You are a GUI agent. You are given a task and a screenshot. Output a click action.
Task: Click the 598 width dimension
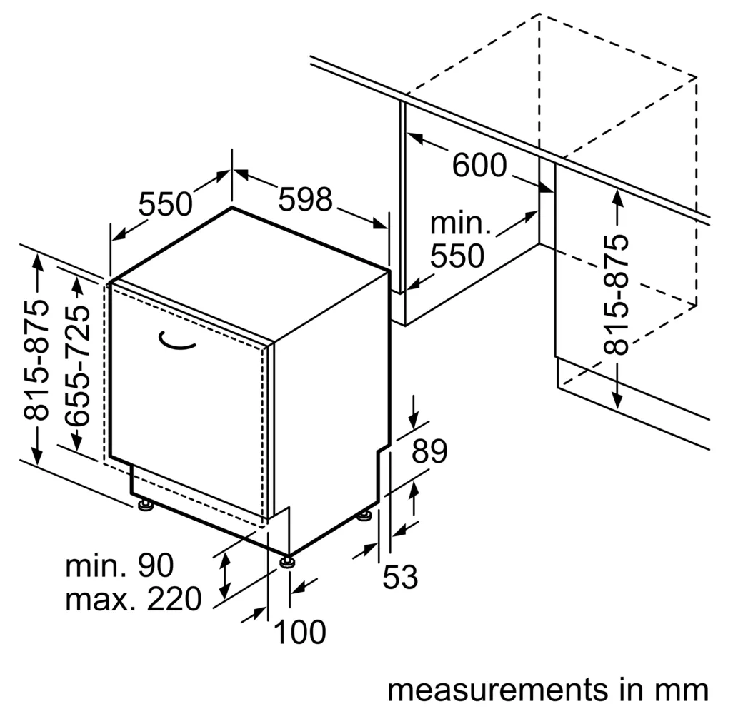coord(305,199)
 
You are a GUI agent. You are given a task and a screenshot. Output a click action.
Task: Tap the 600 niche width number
coord(479,165)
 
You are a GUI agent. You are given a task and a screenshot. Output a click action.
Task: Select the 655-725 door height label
coord(76,366)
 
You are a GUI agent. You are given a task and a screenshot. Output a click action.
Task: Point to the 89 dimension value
coord(429,451)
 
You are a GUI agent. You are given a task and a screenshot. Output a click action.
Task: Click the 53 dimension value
coord(400,577)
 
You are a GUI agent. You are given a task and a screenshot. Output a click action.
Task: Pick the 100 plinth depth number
coord(299,632)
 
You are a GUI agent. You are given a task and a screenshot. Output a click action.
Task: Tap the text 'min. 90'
coord(119,565)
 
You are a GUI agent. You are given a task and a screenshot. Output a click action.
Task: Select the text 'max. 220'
coord(133,599)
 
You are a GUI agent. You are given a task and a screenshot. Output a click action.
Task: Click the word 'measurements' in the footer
coord(497,690)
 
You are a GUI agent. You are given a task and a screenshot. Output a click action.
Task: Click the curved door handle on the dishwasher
coord(176,341)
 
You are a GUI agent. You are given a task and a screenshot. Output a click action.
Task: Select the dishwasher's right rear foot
coord(364,516)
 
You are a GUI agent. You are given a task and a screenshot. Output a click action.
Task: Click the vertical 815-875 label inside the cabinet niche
coord(616,294)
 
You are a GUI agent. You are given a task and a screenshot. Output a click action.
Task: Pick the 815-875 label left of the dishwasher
coord(36,360)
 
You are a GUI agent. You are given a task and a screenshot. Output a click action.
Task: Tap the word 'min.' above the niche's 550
coord(461,223)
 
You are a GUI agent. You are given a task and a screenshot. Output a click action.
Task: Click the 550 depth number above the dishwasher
coord(166,204)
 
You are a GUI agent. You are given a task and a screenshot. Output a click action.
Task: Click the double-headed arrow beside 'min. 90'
coord(225,575)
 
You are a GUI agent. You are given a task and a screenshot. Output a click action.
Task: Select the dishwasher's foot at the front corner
coord(287,562)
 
